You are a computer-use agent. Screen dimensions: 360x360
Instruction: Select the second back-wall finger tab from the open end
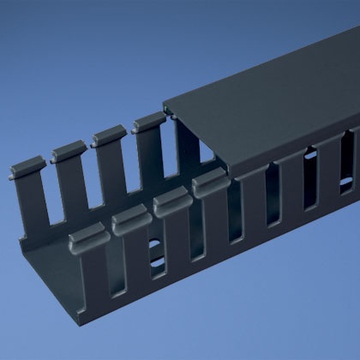pyautogui.click(x=69, y=152)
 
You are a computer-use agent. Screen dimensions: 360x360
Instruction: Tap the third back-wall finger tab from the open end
pyautogui.click(x=109, y=137)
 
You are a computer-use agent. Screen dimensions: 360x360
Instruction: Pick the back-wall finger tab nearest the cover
pyautogui.click(x=147, y=124)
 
